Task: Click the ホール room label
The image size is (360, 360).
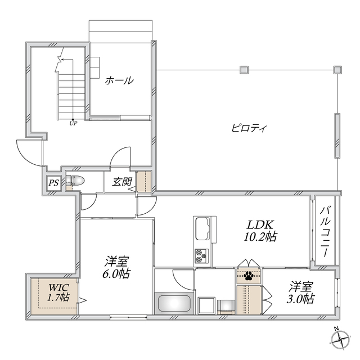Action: click(x=119, y=80)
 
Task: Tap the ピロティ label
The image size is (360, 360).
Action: click(x=249, y=128)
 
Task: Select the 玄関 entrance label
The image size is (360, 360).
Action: click(x=122, y=182)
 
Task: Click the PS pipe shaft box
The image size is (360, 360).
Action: click(x=53, y=182)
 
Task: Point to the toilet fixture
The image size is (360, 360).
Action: click(x=75, y=181)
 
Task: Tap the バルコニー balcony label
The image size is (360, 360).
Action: click(x=325, y=230)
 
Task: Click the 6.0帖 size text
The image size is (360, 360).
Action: click(x=117, y=274)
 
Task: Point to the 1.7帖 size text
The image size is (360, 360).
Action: click(x=57, y=297)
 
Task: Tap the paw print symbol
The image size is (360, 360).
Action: click(x=248, y=276)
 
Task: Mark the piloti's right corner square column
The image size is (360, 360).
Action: click(x=337, y=70)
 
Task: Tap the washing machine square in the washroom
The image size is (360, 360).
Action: click(x=226, y=305)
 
